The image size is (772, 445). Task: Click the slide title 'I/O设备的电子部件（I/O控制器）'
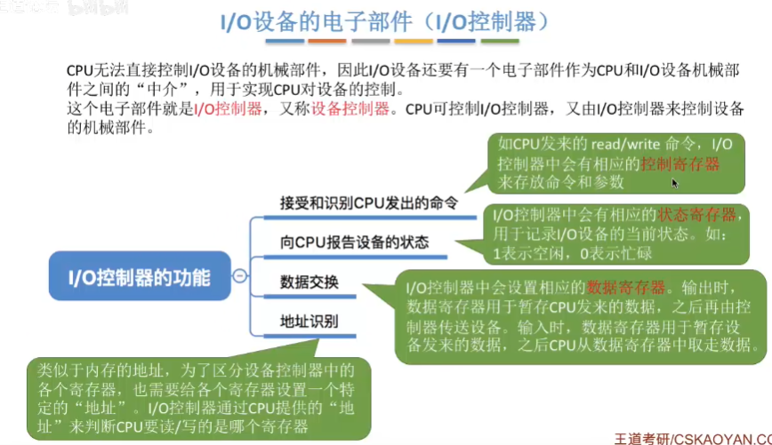pos(385,20)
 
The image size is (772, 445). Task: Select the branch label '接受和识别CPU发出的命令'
pos(368,203)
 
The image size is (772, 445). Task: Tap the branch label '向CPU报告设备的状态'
pos(354,242)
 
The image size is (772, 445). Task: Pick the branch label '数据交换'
pos(309,282)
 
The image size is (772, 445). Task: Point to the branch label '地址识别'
pos(309,320)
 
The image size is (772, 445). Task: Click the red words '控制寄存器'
pos(680,163)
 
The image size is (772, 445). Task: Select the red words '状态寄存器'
pos(697,215)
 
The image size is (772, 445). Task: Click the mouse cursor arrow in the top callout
pos(675,183)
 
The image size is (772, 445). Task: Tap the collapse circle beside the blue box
pos(239,276)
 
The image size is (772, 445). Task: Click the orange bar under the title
pos(414,41)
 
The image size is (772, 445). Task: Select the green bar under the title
pos(501,41)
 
